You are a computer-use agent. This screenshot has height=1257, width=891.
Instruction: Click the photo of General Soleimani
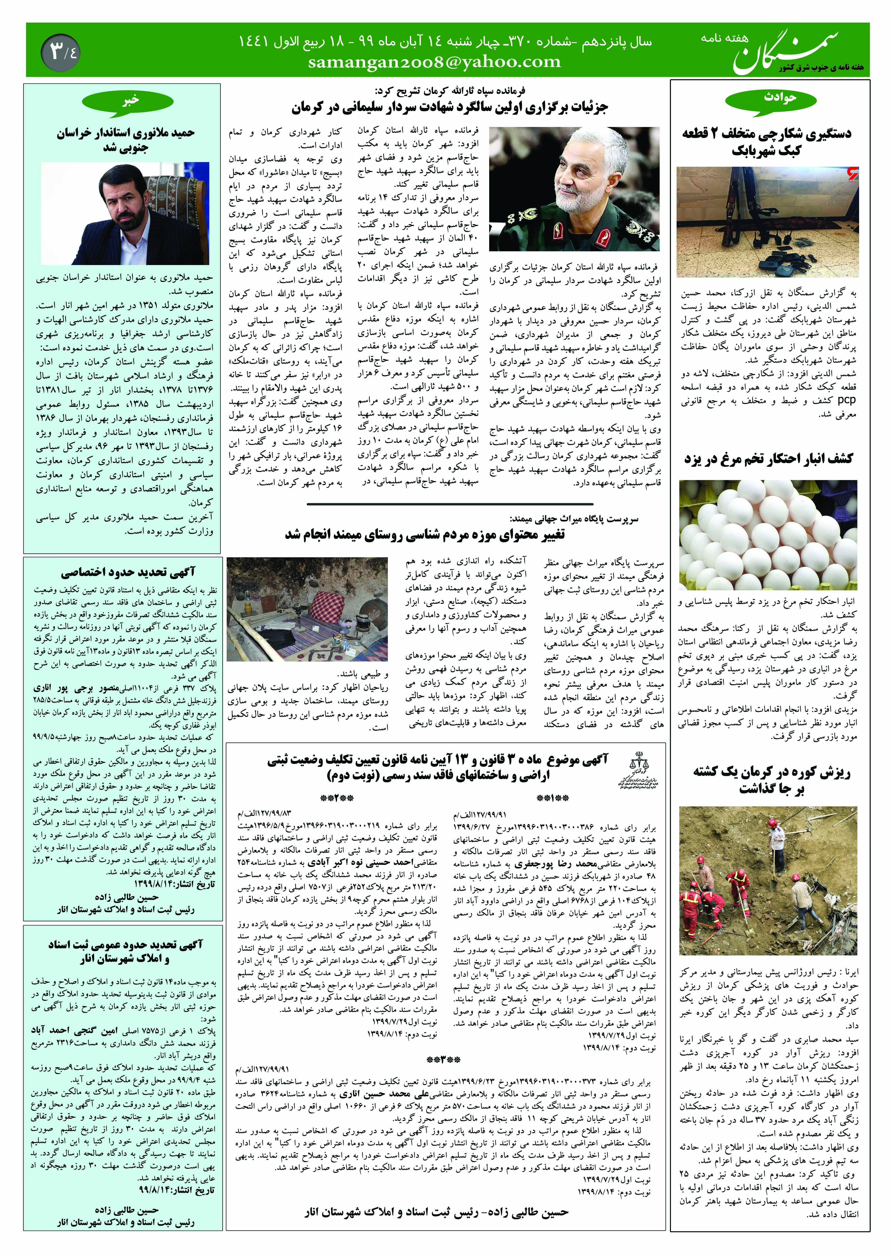574,189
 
